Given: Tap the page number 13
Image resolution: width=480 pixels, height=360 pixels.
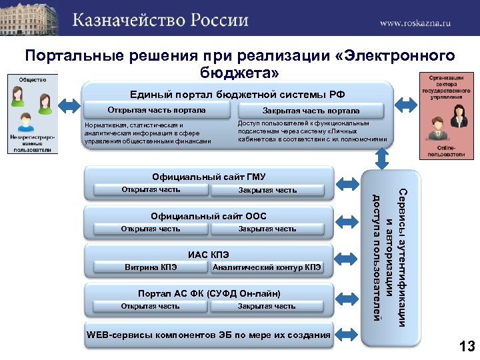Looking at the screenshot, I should click(466, 345).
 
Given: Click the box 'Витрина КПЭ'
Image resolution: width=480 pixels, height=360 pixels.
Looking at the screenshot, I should click(150, 267).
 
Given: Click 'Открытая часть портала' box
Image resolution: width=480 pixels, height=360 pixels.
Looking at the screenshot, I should click(157, 110).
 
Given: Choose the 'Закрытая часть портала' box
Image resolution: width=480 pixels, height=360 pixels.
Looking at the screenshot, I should click(311, 110).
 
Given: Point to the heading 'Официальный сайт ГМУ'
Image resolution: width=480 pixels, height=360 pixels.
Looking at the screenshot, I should click(209, 177).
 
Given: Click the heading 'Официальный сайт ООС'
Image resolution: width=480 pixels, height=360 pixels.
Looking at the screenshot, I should click(209, 216).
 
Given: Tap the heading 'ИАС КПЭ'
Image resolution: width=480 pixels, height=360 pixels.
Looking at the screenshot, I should click(209, 255).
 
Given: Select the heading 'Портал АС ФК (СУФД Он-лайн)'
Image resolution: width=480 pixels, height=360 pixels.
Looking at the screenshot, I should click(209, 293).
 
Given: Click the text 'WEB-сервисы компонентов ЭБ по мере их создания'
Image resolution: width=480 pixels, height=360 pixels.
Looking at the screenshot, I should click(209, 334).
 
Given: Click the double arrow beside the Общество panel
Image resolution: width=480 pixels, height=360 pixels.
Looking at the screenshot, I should click(69, 104).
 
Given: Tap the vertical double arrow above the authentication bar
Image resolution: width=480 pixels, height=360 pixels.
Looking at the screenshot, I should click(383, 157).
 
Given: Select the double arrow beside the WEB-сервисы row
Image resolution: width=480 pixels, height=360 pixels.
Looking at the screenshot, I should click(348, 334).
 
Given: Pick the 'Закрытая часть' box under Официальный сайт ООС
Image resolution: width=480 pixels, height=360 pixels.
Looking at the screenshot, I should click(267, 229).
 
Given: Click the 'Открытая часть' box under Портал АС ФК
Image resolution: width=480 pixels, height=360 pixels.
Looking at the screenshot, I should click(150, 306).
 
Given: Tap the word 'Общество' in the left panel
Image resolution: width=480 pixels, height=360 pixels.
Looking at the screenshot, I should click(32, 80).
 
